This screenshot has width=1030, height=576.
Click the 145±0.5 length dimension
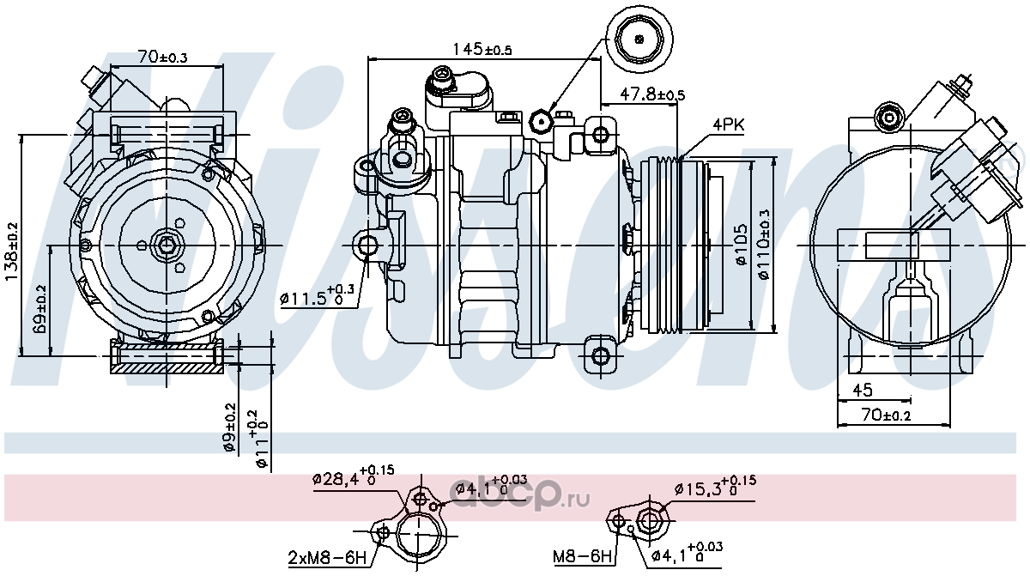coord(482,49)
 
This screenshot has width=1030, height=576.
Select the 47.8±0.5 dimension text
coord(652,94)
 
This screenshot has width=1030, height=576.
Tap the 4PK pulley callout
coord(729,124)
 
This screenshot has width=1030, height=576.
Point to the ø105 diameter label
coord(742,245)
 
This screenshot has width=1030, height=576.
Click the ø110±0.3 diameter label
coord(764,245)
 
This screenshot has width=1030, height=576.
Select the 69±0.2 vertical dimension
coord(39,310)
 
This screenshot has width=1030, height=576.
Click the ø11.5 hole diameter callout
coord(318,296)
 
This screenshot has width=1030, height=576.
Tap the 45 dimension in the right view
coord(862,390)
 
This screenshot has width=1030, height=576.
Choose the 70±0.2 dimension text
coord(886,415)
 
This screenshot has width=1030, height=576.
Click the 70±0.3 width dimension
coord(162,57)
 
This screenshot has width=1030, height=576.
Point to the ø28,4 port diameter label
coord(353,476)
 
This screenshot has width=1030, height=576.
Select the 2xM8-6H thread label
coord(327,558)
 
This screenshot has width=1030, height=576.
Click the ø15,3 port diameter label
coord(715,488)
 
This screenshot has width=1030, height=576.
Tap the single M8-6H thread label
coord(583,557)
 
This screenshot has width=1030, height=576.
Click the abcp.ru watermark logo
coord(519,496)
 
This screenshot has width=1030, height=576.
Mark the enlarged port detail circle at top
coord(639,39)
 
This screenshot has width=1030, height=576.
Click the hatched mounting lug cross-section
coord(167,357)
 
